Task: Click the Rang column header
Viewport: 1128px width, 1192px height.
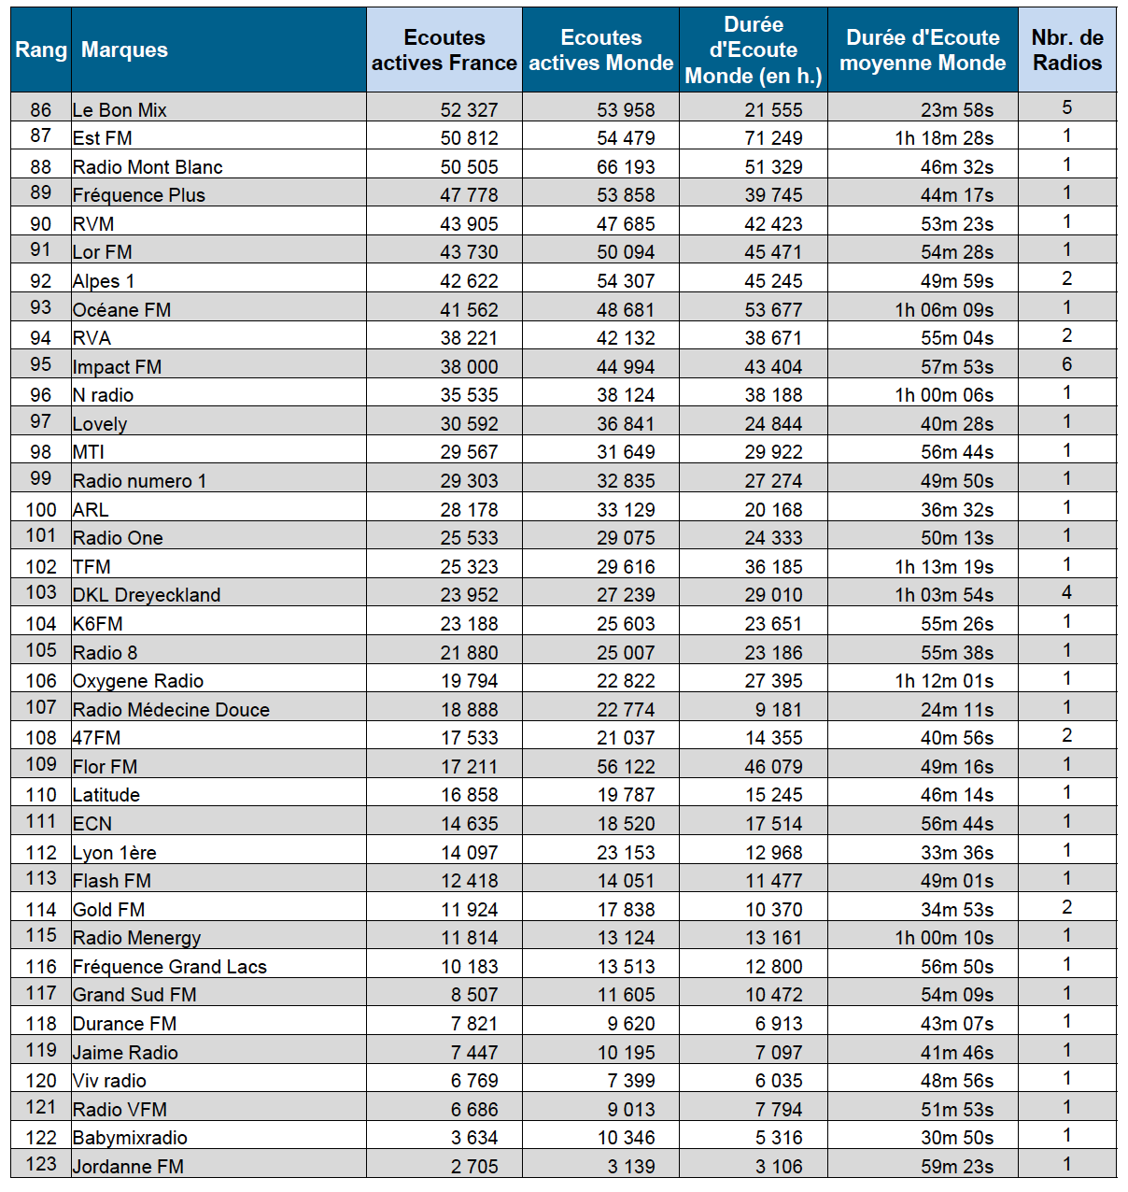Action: [41, 50]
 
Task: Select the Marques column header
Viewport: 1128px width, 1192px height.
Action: [124, 50]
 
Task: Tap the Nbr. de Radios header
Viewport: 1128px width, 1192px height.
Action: [1066, 50]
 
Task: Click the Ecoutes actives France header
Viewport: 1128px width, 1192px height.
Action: [444, 50]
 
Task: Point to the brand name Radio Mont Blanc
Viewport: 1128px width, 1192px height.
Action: [148, 167]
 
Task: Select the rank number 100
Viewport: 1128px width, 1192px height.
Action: [41, 510]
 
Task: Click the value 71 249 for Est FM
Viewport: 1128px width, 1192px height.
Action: [773, 138]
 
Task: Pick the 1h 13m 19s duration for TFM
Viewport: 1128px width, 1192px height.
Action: [944, 567]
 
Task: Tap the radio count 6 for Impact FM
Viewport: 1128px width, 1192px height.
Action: [1066, 364]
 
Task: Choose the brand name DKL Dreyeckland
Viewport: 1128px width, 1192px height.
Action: [147, 595]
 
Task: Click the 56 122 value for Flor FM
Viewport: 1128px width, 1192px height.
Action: [626, 767]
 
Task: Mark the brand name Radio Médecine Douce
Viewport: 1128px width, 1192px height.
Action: [171, 710]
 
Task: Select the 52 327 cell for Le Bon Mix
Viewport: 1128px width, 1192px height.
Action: [469, 110]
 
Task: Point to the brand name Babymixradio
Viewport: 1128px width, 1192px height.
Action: [130, 1138]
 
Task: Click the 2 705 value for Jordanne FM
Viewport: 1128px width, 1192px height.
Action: [474, 1167]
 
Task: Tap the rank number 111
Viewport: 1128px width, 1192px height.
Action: [41, 822]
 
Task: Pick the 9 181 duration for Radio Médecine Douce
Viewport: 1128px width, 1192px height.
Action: [779, 710]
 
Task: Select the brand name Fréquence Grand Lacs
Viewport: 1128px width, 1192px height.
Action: [170, 967]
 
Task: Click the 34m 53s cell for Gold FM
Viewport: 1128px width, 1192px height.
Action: [957, 910]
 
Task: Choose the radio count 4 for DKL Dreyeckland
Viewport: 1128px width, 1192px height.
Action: [1066, 592]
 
